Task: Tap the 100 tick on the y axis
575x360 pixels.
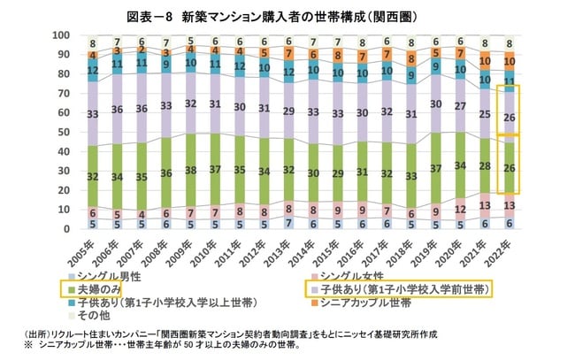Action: click(62, 35)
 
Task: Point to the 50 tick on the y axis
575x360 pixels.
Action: click(65, 133)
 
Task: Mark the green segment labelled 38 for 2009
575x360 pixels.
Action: click(191, 171)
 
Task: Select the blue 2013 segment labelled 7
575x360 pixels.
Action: click(288, 223)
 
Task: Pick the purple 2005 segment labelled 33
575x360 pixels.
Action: click(93, 113)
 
